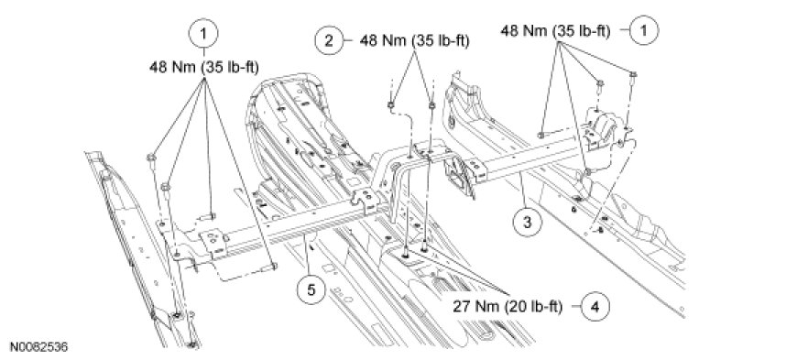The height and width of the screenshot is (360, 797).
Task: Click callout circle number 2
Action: point(329,40)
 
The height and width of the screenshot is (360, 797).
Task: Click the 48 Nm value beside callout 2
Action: point(384,40)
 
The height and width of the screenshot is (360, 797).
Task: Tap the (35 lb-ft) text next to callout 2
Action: point(440,40)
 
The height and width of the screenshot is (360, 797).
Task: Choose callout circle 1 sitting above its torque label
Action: point(203,34)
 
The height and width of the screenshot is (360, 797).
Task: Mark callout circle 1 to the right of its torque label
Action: point(644,30)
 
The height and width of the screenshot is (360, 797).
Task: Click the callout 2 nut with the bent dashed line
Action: point(390,105)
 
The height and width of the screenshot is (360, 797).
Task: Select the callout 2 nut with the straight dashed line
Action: point(431,105)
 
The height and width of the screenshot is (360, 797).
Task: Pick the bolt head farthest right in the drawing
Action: point(633,77)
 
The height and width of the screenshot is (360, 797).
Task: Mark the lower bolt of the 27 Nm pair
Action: point(405,252)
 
